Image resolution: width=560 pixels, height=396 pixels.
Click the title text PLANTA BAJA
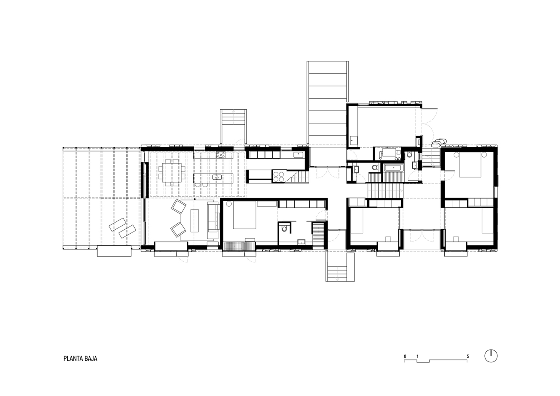[80, 358]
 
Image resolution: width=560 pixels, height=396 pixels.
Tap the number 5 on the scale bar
[468, 356]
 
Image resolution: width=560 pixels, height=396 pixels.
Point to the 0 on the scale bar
[405, 356]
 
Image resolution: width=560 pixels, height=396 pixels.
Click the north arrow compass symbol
[491, 356]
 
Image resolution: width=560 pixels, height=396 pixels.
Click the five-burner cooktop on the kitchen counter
[221, 155]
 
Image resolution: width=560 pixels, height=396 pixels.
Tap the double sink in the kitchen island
[217, 177]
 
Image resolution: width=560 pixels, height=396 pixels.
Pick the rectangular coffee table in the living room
[195, 221]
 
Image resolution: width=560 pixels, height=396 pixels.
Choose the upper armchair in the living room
[179, 206]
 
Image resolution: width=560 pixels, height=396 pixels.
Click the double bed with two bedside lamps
[470, 164]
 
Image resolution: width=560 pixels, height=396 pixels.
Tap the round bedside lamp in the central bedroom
[229, 204]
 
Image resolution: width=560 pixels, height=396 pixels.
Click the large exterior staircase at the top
[328, 102]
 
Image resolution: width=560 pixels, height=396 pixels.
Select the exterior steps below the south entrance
[340, 267]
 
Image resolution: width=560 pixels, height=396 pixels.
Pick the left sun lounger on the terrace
[118, 225]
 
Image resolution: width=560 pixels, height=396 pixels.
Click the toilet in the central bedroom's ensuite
[284, 228]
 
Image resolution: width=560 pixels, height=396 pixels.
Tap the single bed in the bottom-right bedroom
[487, 221]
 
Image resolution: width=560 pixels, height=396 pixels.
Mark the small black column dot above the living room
[195, 199]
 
